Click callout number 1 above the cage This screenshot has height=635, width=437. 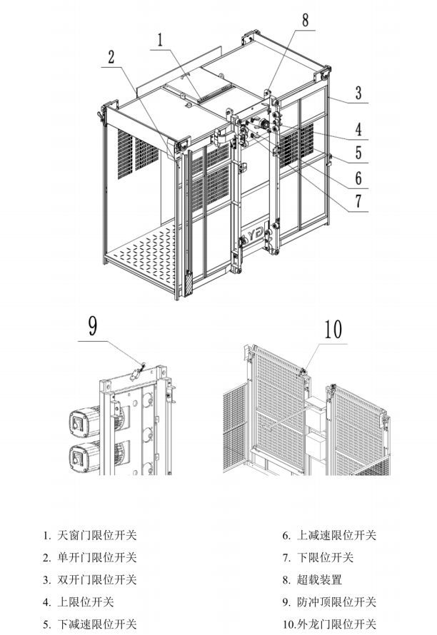click(160, 38)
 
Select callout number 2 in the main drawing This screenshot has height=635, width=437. click(111, 58)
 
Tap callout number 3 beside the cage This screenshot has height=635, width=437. click(358, 92)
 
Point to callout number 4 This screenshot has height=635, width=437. click(358, 130)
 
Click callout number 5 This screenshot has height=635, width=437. click(358, 153)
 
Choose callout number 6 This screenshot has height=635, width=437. click(358, 178)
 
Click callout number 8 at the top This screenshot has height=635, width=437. click(305, 21)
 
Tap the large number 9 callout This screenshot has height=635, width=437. click(92, 326)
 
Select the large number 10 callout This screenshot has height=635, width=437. click(333, 330)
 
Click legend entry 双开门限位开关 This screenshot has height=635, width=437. click(96, 580)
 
